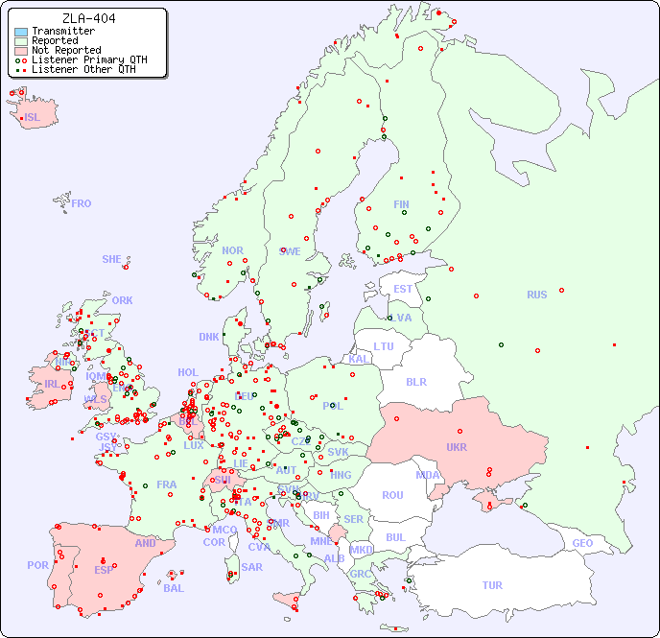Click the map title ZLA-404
pos(88,18)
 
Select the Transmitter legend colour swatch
pos(21,32)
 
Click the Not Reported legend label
pos(65,50)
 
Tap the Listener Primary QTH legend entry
pos(82,59)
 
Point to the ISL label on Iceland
pos(33,118)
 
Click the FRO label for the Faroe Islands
pos(82,203)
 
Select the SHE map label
pos(112,259)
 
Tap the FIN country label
pos(401,204)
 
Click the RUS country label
pos(536,295)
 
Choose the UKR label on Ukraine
pos(456,447)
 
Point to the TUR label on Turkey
pos(492,585)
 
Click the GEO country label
pos(582,543)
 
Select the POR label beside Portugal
pos(37,565)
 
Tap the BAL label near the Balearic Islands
pos(174,588)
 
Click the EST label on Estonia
pos(403,289)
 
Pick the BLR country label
pos(415,381)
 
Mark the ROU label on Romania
pos(392,495)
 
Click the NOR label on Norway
pos(232,250)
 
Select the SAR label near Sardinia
pos(251,567)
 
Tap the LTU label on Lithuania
pos(384,346)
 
